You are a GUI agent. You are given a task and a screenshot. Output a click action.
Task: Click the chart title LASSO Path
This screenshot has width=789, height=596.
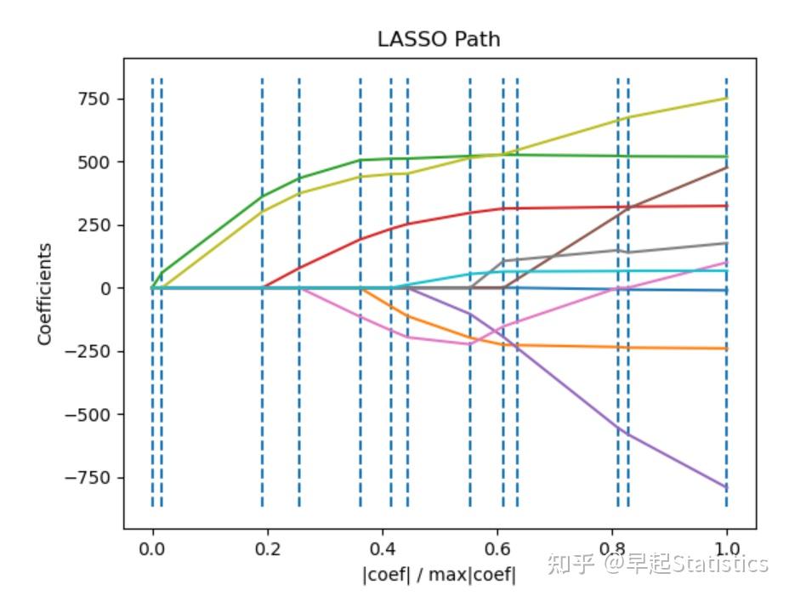439,40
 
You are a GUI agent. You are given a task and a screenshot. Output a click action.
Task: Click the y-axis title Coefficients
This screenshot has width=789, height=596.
44,293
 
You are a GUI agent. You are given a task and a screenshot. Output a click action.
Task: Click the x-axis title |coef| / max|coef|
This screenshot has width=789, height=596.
439,575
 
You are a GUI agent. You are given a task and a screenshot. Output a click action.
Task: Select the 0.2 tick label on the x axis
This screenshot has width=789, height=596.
267,548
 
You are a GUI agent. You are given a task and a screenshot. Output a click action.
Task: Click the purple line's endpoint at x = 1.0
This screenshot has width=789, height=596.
726,488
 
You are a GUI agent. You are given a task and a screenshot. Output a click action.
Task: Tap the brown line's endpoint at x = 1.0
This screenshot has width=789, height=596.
726,167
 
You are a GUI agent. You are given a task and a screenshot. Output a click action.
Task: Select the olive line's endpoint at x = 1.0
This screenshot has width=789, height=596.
726,99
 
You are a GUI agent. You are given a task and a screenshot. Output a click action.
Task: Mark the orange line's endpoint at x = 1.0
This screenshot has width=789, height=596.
726,349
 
